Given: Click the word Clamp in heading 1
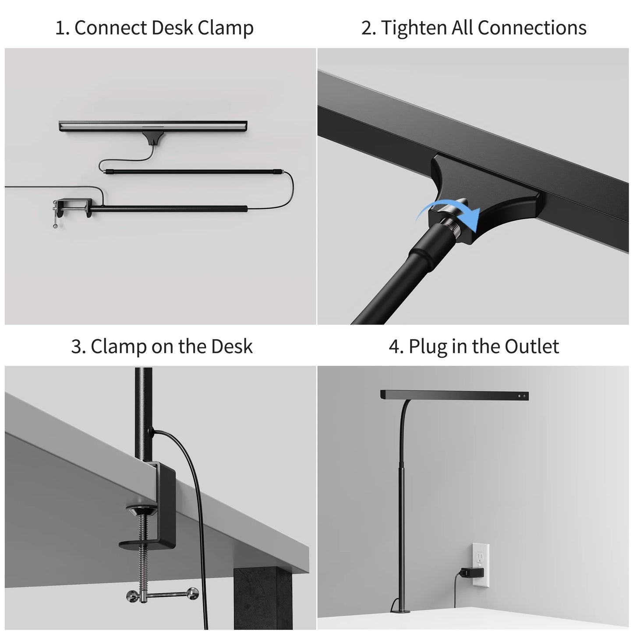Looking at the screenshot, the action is (x=225, y=28).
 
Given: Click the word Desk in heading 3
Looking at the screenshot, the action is (x=232, y=346).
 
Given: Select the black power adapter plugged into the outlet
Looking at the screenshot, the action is (x=472, y=573).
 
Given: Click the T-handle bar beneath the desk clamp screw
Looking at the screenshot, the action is (x=162, y=594).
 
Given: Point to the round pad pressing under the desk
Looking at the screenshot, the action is (x=141, y=511).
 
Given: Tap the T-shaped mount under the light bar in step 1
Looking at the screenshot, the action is (x=153, y=138).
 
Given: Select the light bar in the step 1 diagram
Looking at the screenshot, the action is (x=153, y=126).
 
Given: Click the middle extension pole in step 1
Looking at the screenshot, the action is (x=194, y=171).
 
